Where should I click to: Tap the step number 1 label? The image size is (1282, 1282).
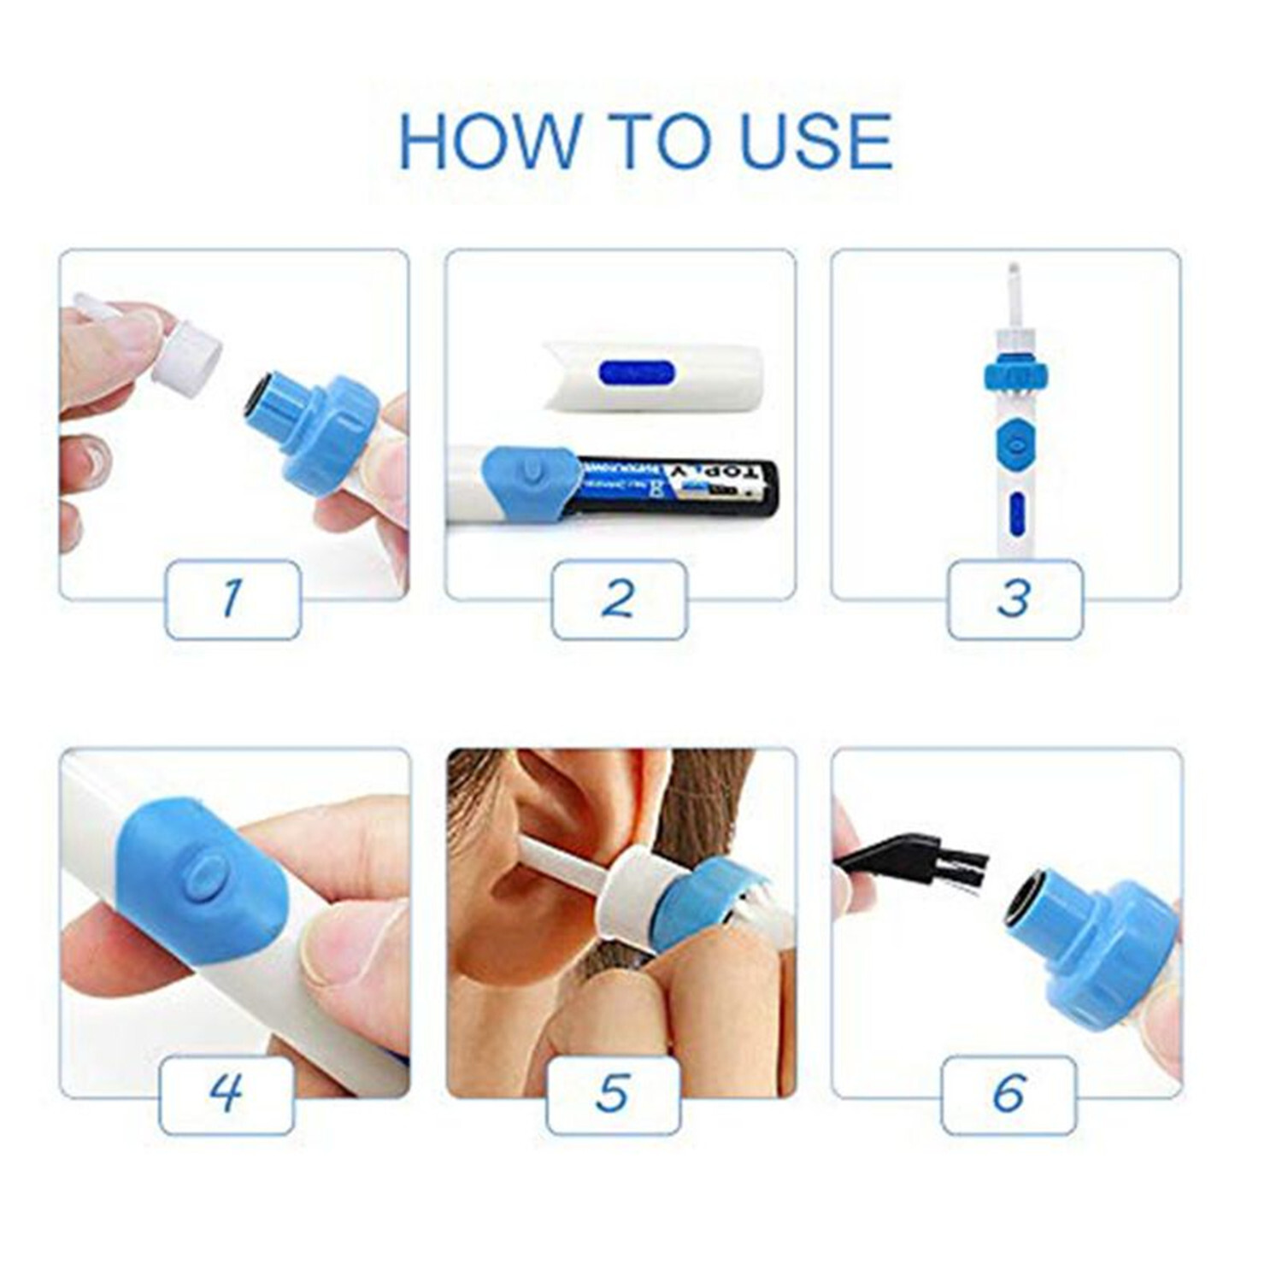(x=232, y=599)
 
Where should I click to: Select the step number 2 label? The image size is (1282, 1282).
(x=619, y=599)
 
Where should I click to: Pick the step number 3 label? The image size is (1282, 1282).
(x=1014, y=599)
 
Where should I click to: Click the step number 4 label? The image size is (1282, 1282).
(x=226, y=1094)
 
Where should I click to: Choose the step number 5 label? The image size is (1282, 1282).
(x=613, y=1094)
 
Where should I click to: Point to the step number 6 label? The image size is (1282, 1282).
(x=1009, y=1094)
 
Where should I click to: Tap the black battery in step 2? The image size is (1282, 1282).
(x=675, y=487)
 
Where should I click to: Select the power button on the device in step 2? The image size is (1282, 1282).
(x=531, y=471)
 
